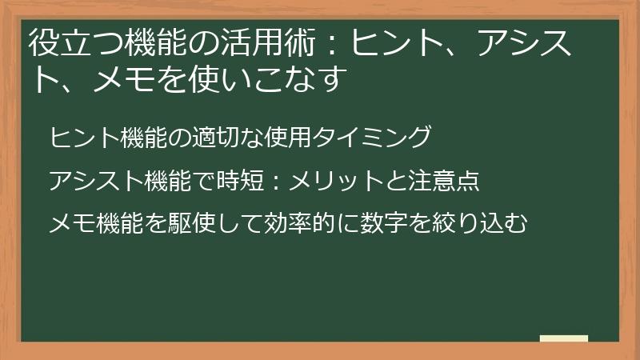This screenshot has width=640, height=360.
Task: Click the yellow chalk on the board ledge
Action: click(564, 338)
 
